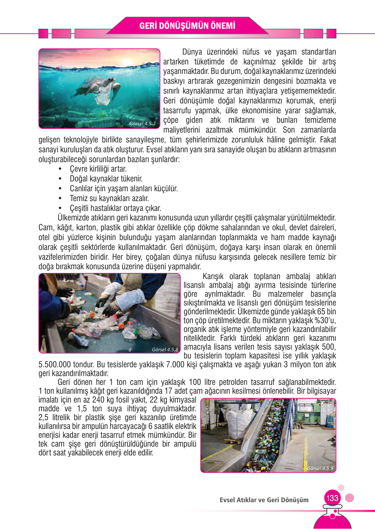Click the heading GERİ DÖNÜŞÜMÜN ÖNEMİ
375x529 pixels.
pos(187,26)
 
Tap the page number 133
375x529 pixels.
pos(332,498)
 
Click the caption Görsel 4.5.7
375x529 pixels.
pos(142,123)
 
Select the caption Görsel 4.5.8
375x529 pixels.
pos(165,349)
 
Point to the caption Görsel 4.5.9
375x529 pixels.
pos(320,468)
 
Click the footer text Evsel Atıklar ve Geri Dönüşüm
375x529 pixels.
pos(264,500)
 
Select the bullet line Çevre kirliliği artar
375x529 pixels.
pos(98,169)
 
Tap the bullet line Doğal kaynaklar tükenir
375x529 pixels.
pos(106,179)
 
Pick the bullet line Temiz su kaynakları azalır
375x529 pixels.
pos(109,198)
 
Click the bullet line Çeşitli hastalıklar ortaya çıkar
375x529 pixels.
pos(115,208)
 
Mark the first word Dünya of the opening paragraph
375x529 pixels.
pos(192,52)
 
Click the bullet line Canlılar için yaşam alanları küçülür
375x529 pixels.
pos(123,189)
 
